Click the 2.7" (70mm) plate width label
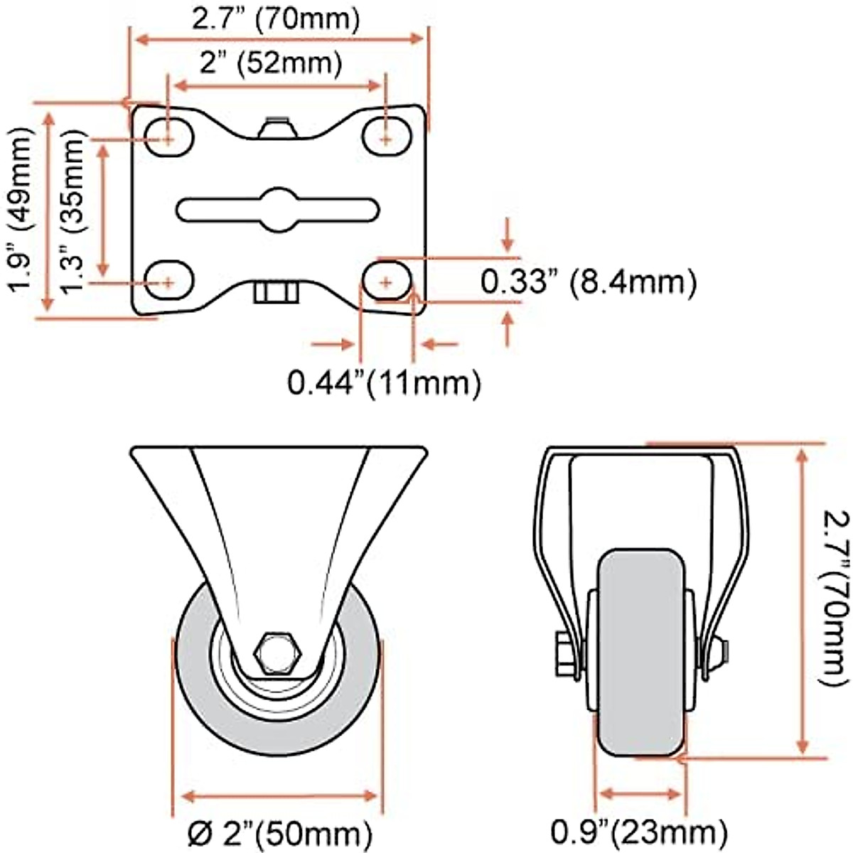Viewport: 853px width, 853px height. (275, 18)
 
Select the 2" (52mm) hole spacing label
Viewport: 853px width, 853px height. (271, 63)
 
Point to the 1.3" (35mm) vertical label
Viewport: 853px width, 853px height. (71, 212)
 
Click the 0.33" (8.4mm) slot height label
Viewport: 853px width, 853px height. (589, 282)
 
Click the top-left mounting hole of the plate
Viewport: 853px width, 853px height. (169, 136)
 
